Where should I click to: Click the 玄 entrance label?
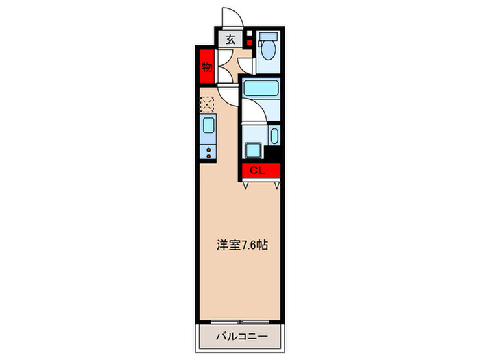(230, 40)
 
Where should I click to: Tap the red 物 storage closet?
(205, 67)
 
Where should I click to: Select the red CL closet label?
(256, 171)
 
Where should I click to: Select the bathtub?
(261, 89)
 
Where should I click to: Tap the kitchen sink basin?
(207, 128)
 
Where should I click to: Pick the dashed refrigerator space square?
(206, 104)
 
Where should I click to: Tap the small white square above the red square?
(250, 34)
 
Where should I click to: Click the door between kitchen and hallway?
(228, 94)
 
